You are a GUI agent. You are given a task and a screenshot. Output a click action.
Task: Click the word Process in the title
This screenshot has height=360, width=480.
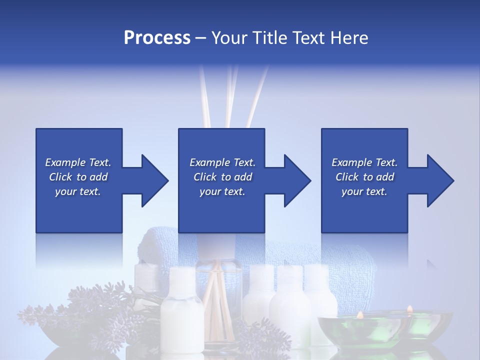click(x=157, y=38)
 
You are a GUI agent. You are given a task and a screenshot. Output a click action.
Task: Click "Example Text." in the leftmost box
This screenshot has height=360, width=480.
click(x=78, y=162)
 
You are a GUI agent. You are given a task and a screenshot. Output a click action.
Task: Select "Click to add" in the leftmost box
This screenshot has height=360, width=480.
click(x=78, y=177)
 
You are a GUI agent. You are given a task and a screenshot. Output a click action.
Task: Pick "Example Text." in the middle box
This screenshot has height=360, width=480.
click(x=222, y=162)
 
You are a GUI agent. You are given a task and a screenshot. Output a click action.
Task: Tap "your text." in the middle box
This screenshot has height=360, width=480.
click(x=222, y=191)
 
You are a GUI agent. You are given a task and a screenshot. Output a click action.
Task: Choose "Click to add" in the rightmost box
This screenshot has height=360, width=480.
click(x=364, y=177)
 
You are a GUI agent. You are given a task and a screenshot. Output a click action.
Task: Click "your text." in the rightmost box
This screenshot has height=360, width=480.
click(x=364, y=191)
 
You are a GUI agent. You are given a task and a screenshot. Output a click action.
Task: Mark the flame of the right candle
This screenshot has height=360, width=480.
click(x=409, y=309)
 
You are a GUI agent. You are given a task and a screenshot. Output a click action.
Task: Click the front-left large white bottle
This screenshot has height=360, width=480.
click(x=181, y=310)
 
